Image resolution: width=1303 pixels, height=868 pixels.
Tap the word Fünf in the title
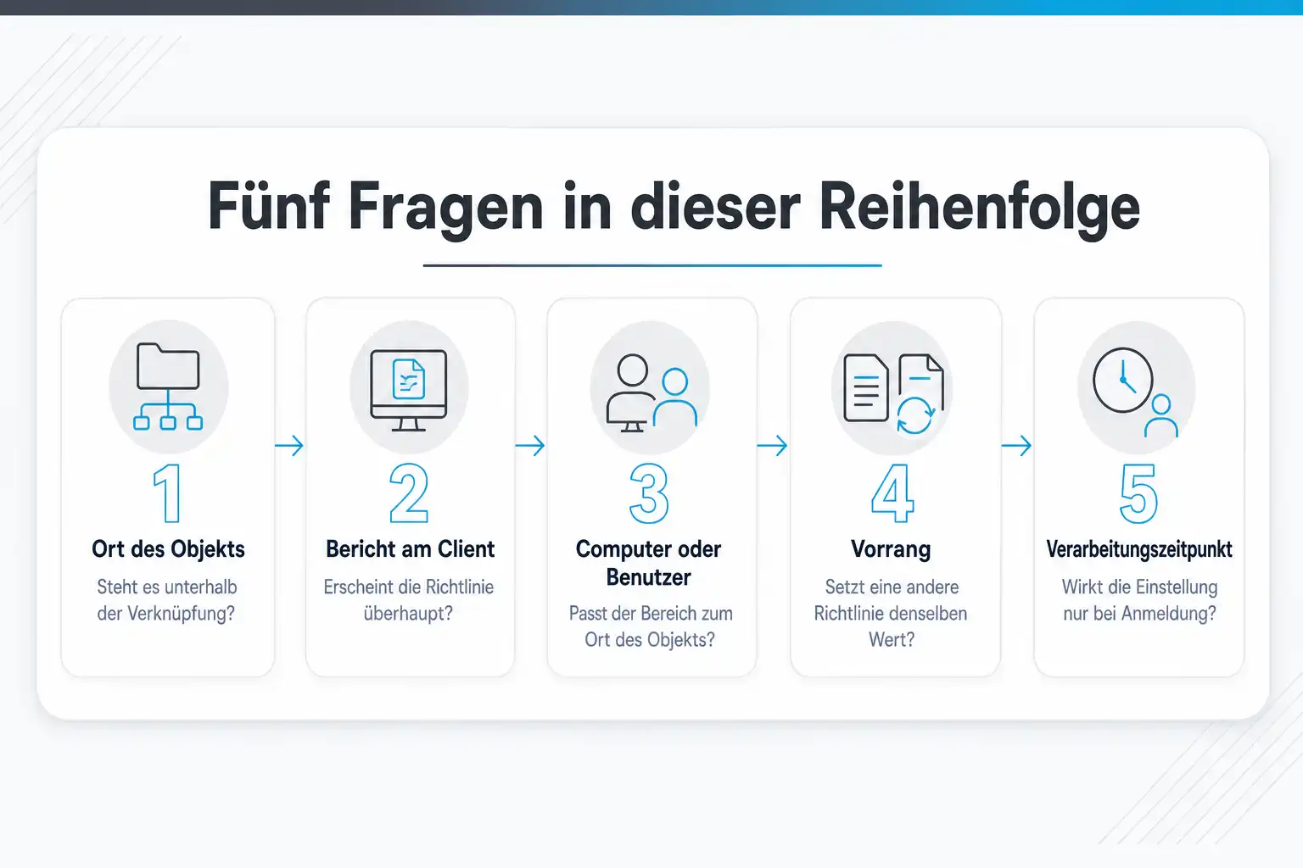[x=269, y=205]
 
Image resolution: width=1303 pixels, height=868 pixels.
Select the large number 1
[x=167, y=493]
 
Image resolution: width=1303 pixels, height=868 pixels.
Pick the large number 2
[x=409, y=493]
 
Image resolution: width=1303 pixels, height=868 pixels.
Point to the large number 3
[x=649, y=493]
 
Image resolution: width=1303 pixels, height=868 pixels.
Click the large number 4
[x=892, y=493]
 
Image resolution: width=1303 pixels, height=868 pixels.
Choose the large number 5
[x=1138, y=493]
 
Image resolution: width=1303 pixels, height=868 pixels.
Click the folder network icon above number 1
[x=168, y=387]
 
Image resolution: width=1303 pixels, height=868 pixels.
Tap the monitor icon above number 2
[x=408, y=390]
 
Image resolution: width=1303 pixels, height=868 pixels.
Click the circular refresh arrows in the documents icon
[x=915, y=415]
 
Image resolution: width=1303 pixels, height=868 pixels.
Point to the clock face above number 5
[x=1122, y=381]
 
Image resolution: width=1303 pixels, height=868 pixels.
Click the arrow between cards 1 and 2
[x=289, y=445]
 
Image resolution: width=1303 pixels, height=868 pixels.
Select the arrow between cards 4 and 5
[x=1016, y=445]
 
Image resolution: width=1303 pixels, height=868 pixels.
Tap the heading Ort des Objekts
[x=168, y=549]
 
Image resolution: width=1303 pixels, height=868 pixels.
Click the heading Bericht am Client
[x=410, y=548]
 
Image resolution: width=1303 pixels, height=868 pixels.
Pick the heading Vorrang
[x=891, y=549]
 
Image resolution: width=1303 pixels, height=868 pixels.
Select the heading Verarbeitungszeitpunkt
[x=1139, y=549]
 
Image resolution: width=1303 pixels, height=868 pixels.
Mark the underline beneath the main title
[x=652, y=265]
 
